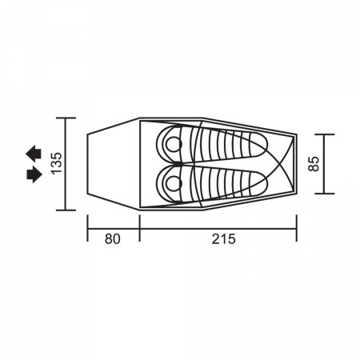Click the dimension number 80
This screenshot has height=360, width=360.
(112, 238)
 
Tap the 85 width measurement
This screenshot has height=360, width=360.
(314, 163)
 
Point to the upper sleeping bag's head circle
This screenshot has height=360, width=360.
(172, 142)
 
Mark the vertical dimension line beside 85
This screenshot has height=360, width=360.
(325, 163)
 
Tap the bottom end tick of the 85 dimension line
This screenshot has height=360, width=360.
(325, 194)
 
